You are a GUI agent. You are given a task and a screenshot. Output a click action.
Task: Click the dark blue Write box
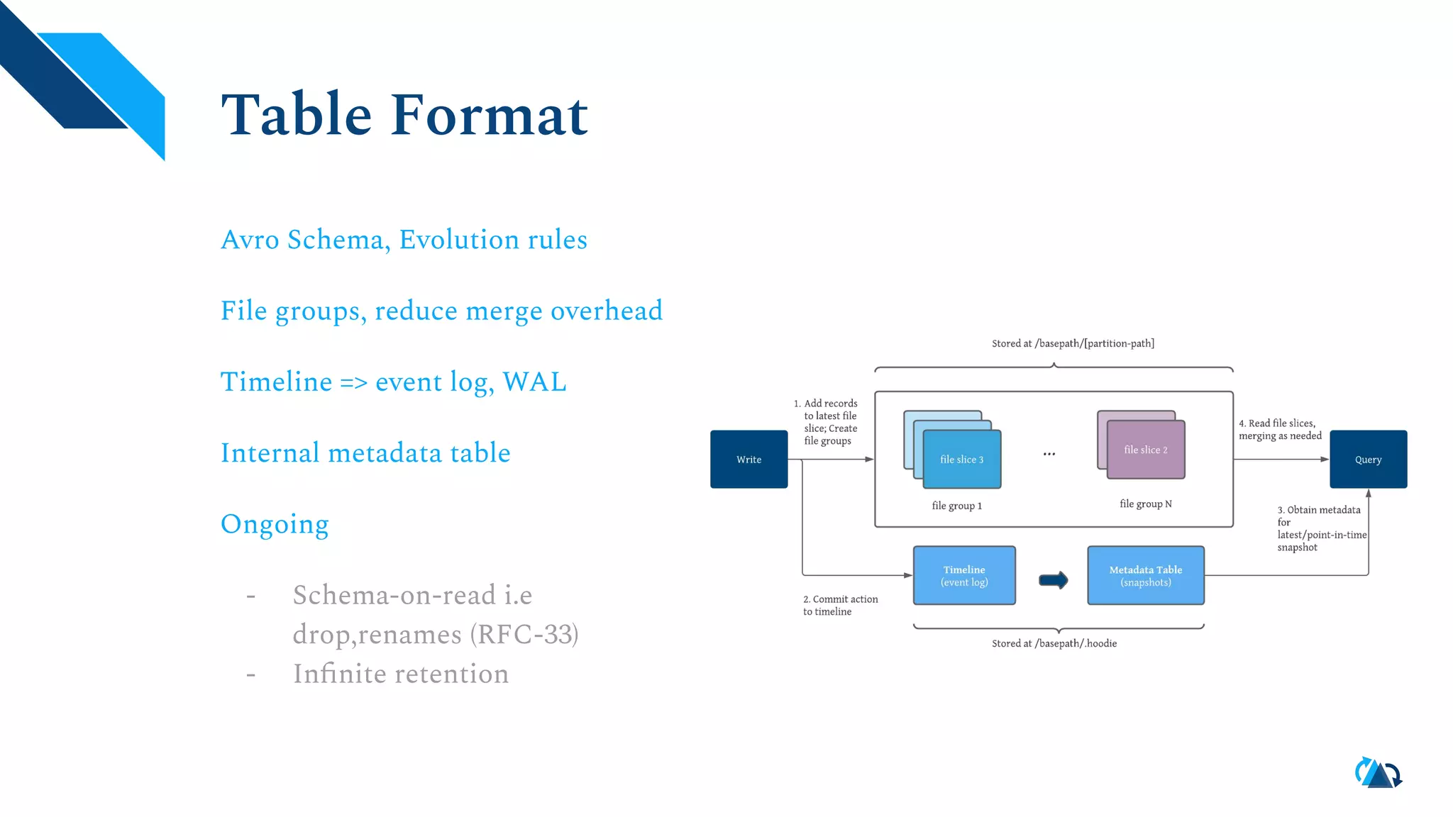(x=748, y=459)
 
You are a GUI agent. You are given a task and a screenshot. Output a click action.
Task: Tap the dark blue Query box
(x=1368, y=459)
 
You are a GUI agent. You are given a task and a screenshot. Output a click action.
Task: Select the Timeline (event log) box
(x=964, y=575)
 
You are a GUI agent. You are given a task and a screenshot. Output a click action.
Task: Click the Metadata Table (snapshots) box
(x=1145, y=575)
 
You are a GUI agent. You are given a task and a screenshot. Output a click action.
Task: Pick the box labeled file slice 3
(x=961, y=460)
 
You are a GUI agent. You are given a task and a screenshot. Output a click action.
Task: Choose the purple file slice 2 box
(x=1145, y=450)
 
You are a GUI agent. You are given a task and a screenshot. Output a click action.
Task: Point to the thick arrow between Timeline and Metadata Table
(x=1053, y=580)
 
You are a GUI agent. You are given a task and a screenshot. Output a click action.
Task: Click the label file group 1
(x=956, y=506)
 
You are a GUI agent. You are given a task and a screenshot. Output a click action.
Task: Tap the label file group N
(x=1145, y=504)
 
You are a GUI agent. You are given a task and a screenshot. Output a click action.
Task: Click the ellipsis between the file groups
(x=1049, y=454)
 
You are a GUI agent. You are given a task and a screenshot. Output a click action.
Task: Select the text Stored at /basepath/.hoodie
(x=1054, y=643)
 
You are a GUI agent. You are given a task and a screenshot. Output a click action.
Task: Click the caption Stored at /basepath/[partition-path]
(x=1072, y=343)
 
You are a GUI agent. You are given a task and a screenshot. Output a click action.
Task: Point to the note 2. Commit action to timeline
(x=840, y=605)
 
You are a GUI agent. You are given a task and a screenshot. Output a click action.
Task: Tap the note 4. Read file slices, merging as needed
(x=1279, y=429)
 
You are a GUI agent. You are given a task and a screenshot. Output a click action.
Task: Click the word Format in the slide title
(x=489, y=115)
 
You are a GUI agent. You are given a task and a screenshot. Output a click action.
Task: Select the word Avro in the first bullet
(x=250, y=240)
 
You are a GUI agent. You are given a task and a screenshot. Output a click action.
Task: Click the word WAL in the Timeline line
(x=534, y=382)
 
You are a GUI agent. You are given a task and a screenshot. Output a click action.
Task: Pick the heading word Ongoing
(x=275, y=524)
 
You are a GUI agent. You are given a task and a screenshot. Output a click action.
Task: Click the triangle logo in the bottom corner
(x=1378, y=774)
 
